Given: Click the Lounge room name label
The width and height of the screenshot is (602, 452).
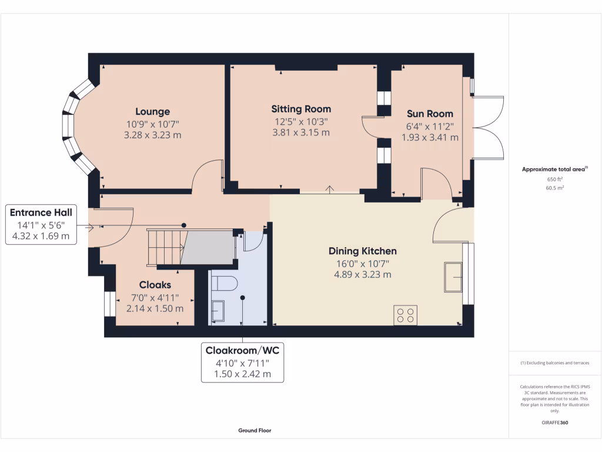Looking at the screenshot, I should pos(152,111).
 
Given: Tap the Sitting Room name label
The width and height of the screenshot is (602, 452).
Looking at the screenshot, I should pos(301,109).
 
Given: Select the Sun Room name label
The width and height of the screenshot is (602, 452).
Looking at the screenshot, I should pos(430,114).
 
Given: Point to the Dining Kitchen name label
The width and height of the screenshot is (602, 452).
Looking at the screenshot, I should pos(362,251).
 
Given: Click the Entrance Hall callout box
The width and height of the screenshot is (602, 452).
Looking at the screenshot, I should pos(41,224).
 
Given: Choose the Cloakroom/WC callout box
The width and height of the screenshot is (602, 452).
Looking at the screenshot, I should pos(242,362).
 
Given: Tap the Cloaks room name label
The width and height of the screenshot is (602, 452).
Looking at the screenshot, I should pos(155,285).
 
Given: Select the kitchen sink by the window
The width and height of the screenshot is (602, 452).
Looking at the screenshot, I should pos(453,277).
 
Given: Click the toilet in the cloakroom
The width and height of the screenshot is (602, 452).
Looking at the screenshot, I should pos(223,284).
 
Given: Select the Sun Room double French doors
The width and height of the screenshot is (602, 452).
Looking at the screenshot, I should pos(488,127).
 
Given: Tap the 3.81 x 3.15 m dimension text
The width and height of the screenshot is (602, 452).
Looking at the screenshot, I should pos(301,132).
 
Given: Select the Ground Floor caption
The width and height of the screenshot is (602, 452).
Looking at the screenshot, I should pos(255,430).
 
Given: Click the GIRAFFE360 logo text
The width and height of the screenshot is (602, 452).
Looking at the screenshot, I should pos(555,423).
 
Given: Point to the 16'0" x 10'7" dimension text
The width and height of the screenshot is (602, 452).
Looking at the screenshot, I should pos(362,263).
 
